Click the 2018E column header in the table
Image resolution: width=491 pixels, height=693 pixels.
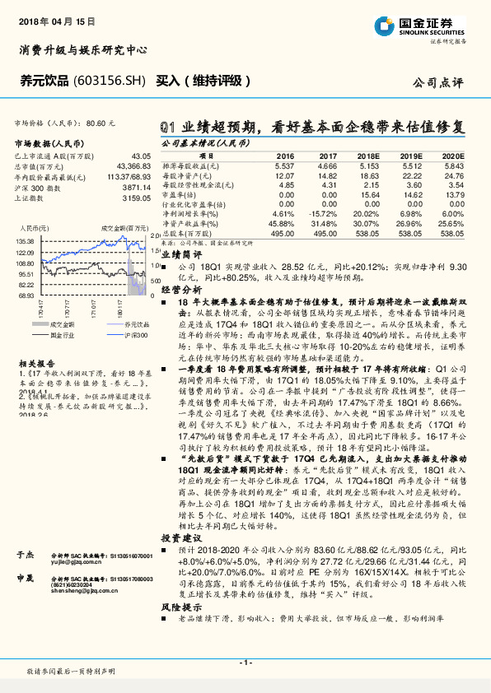[367, 155]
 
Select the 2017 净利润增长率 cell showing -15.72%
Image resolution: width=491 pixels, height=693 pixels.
[326, 213]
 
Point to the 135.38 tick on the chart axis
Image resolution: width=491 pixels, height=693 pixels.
[23, 241]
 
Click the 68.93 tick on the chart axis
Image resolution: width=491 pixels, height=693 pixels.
[25, 295]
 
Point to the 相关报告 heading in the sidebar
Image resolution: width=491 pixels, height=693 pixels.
[35, 363]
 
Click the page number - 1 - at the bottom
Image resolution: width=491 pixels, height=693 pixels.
[245, 662]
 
